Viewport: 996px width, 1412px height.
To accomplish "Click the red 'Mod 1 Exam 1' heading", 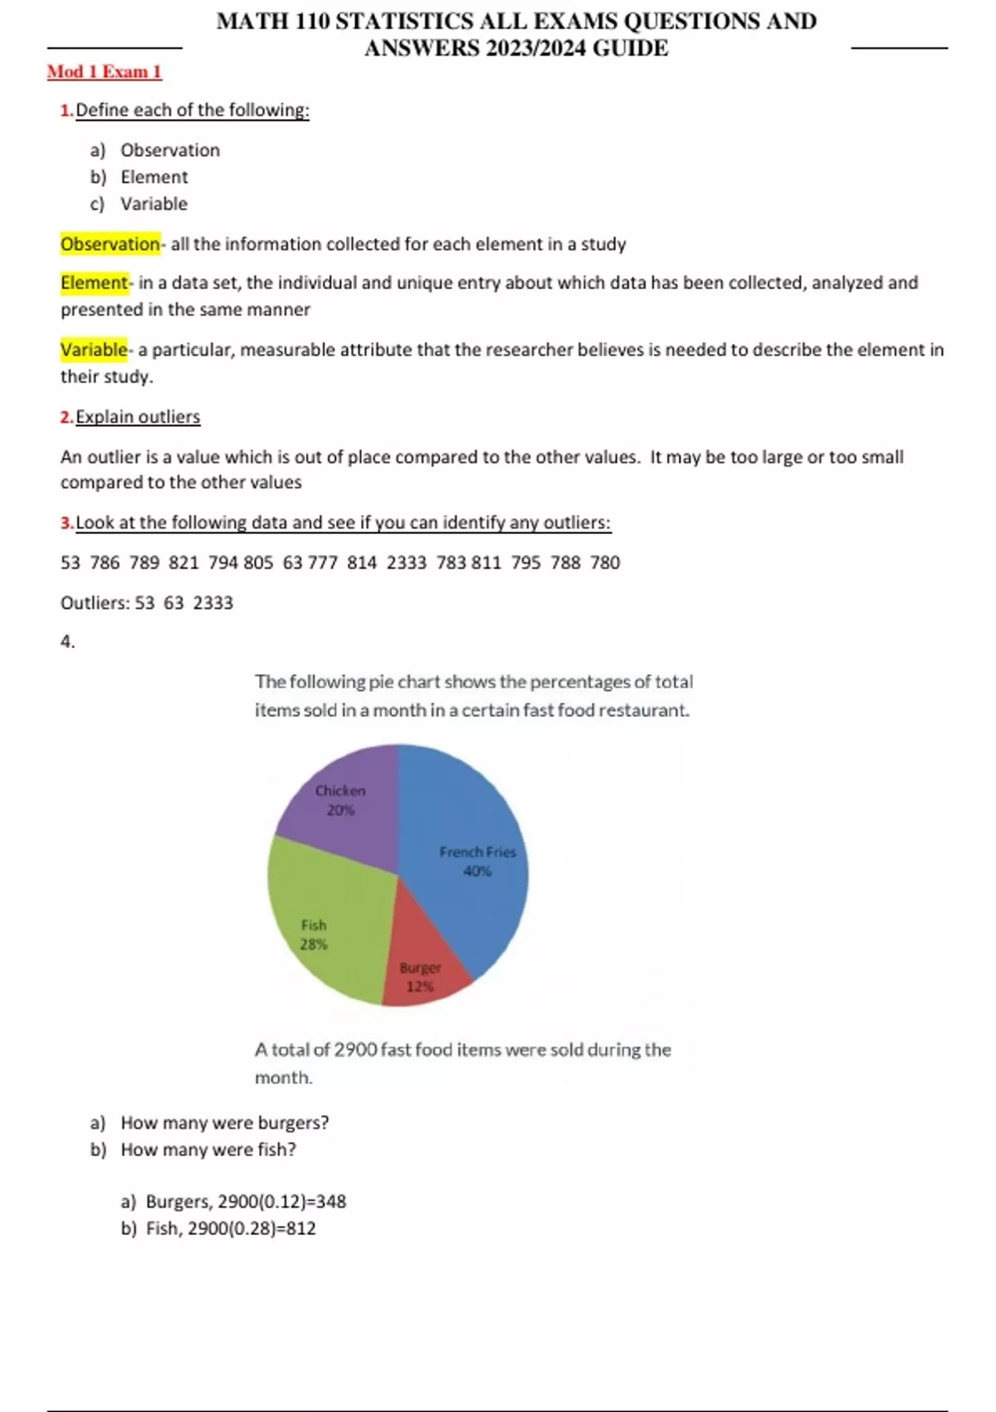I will pos(104,72).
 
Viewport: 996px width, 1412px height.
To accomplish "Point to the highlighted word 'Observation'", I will pos(110,244).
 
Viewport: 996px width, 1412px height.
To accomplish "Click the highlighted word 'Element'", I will pos(94,283).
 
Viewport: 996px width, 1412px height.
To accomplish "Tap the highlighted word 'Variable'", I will pos(94,350).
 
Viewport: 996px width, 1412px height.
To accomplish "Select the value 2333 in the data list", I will pos(406,563).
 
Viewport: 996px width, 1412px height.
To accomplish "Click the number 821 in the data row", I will pos(183,563).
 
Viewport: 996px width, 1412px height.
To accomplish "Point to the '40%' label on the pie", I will pos(477,871).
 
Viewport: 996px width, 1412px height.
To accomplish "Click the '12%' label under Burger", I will pos(420,987).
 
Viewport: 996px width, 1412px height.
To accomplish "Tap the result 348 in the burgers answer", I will pos(331,1202).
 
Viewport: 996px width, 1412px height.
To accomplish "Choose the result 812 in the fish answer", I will pos(301,1228).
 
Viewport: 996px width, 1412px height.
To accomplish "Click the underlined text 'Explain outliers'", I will pos(138,417).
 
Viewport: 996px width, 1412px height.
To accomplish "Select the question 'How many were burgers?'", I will pos(224,1123).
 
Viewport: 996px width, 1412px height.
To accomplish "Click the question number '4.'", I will pos(67,641).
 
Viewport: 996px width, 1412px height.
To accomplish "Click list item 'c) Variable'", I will pos(139,204).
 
